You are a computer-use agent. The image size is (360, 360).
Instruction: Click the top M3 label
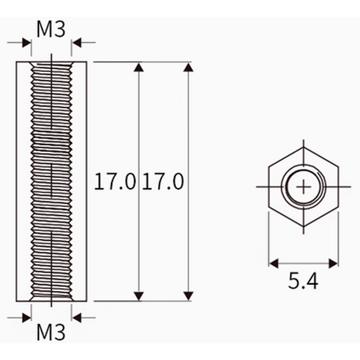51,29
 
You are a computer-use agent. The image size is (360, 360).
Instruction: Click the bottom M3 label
51,332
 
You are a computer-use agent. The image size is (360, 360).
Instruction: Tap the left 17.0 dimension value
115,181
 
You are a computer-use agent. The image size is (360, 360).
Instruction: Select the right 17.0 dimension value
163,181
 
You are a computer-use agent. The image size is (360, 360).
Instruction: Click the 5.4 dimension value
303,281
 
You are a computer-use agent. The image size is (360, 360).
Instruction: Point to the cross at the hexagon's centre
304,187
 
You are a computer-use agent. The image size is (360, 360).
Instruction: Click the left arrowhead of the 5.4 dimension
274,263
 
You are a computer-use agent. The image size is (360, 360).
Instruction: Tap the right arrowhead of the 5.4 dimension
334,263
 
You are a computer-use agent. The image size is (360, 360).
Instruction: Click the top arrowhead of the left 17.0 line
139,67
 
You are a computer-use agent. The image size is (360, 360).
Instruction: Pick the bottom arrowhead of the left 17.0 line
139,296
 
